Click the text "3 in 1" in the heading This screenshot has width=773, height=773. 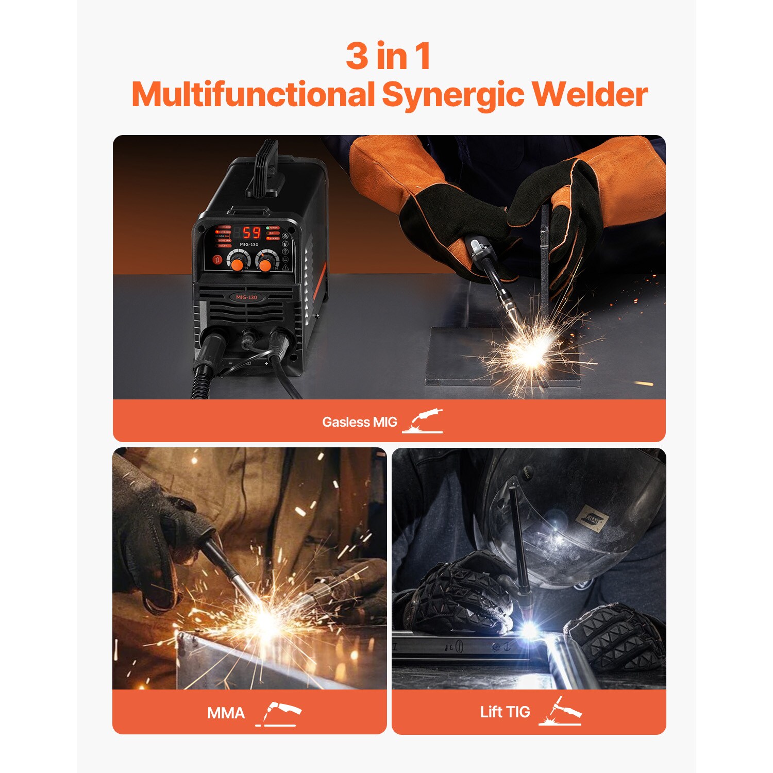pos(388,56)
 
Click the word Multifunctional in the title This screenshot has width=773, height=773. pos(253,95)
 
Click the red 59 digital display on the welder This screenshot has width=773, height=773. pos(251,232)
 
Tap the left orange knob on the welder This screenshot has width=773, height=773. pos(237,263)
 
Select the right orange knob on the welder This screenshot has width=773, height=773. pos(265,264)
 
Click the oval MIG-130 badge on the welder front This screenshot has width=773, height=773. pos(246,297)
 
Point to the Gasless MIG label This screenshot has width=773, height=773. pos(359,422)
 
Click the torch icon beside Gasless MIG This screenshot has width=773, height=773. pos(423,421)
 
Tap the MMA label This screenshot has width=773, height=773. pos(226,713)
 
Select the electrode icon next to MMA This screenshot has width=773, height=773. pos(278,713)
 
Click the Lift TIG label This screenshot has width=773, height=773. pos(505,712)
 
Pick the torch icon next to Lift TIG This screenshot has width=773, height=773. pos(560,712)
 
